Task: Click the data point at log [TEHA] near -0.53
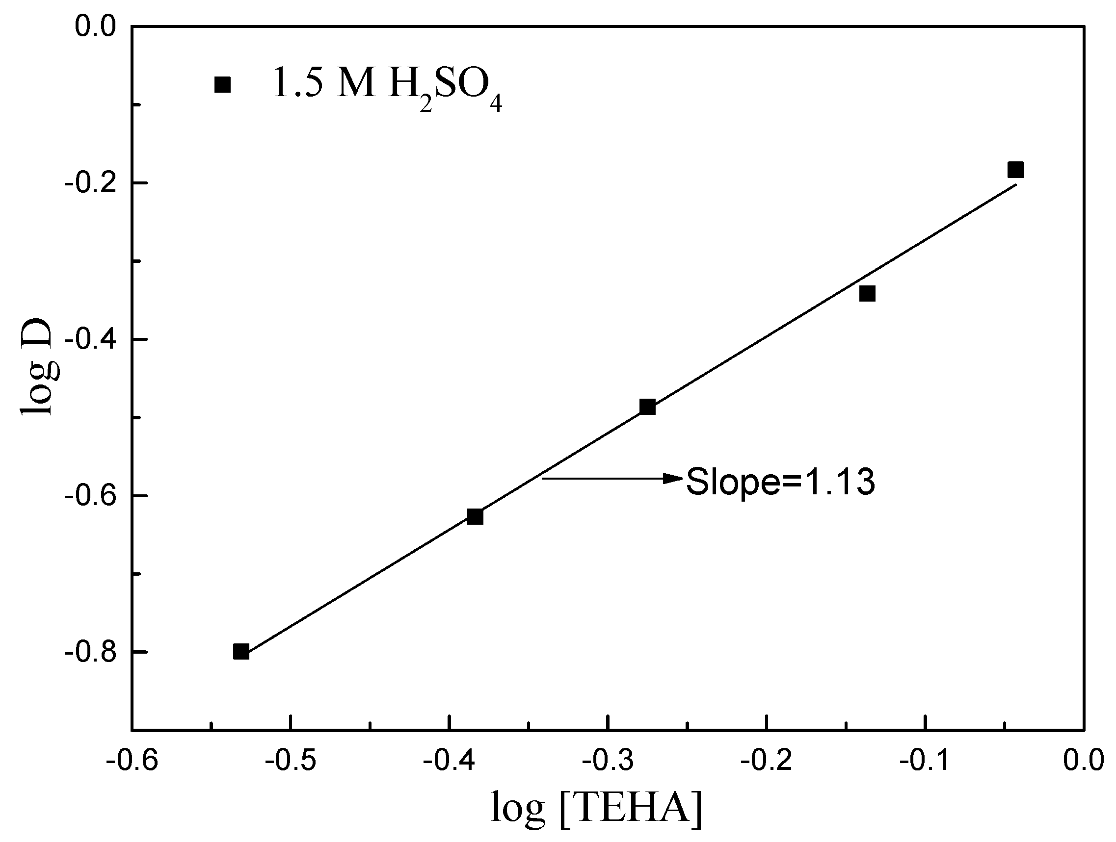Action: tap(241, 651)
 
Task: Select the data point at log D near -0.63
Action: tap(475, 517)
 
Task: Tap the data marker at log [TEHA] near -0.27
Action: tap(647, 407)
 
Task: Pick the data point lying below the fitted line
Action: tap(867, 293)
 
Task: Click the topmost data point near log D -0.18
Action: tap(1015, 170)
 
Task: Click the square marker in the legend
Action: tap(222, 85)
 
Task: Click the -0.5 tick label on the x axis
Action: tap(291, 761)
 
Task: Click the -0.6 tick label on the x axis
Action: tap(132, 761)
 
